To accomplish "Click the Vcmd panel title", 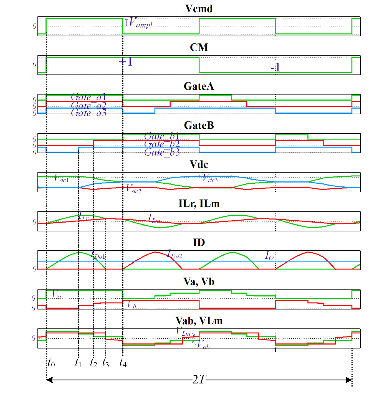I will (x=199, y=9).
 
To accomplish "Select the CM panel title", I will (x=199, y=48).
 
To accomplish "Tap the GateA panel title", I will (x=199, y=86).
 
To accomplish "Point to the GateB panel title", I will (x=199, y=125).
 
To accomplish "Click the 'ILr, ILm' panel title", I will (x=199, y=204).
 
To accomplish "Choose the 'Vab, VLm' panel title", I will (x=199, y=321).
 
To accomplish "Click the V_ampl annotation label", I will (x=141, y=23).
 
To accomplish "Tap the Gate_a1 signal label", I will (x=88, y=97).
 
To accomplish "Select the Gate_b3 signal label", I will (x=162, y=152).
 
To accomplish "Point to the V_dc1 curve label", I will (x=61, y=178).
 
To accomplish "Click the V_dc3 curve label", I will (x=210, y=178).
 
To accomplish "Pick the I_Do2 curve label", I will (x=174, y=254).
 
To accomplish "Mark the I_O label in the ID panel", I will (x=269, y=256).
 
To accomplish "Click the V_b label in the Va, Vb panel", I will (x=132, y=304).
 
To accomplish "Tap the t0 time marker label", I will (x=51, y=363).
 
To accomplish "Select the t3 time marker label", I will (x=105, y=363).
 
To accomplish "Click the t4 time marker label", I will (x=123, y=363).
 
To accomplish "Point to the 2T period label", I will (x=199, y=380).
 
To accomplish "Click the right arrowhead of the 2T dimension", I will (x=349, y=380).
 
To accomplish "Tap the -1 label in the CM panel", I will (x=275, y=68).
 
